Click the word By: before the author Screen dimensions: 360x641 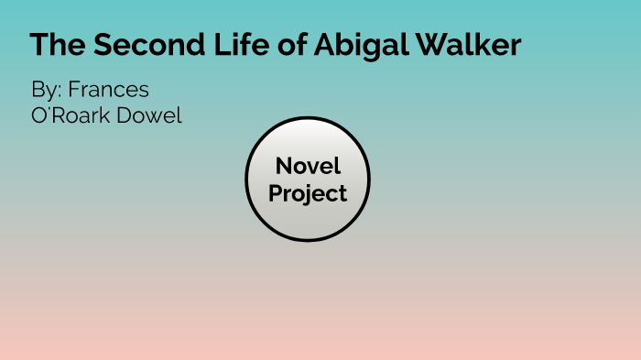point(45,92)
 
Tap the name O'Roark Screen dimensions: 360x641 point(69,117)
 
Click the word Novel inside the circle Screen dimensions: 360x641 point(308,167)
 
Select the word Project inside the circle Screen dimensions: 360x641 point(308,194)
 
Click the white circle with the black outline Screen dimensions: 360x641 point(308,220)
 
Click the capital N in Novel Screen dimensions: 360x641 point(283,167)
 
